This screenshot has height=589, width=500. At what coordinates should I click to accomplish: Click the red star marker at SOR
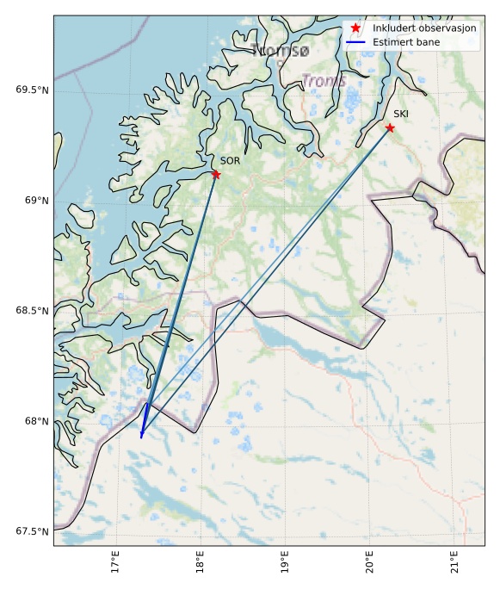(216, 175)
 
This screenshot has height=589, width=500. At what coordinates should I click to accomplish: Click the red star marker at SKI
(390, 127)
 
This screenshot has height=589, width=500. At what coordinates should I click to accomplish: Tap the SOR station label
(230, 161)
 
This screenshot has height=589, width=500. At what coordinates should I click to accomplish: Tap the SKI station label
(401, 114)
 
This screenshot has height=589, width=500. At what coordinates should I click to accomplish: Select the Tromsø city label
(281, 52)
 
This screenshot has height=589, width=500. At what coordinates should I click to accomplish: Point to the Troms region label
(324, 81)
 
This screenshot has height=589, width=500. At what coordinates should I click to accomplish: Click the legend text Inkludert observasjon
(424, 28)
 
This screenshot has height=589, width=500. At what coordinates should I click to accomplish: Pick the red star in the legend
(355, 28)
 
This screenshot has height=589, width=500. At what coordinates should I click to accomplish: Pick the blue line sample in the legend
(355, 41)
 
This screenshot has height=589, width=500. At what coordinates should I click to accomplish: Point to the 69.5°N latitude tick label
(33, 90)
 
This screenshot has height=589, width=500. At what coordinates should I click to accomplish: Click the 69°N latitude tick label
(36, 201)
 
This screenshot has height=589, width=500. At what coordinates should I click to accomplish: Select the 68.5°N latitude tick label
(33, 311)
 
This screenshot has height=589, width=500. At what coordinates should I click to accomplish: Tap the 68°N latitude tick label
(36, 421)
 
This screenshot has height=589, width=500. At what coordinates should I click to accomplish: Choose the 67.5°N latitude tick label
(33, 531)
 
